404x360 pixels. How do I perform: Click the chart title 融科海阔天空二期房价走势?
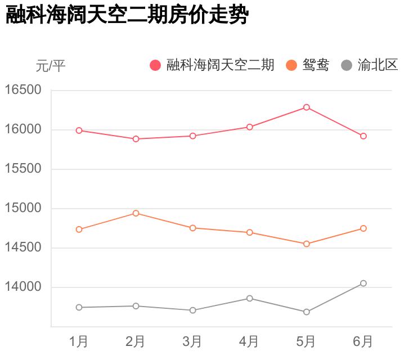tap(127, 15)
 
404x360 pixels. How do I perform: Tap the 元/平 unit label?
tap(51, 66)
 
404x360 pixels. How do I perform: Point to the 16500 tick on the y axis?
tap(24, 90)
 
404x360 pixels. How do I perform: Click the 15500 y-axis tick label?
tap(24, 169)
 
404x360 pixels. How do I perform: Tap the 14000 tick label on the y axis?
tap(24, 287)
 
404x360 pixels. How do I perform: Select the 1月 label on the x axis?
tap(79, 341)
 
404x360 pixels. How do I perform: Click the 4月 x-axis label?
tap(249, 341)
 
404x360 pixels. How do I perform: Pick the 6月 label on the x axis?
tap(363, 341)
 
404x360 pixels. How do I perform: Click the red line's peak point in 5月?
tap(307, 107)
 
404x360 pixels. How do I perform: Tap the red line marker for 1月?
tap(79, 130)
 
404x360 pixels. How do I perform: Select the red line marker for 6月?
tap(363, 136)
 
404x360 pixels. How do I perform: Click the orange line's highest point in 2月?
tap(136, 213)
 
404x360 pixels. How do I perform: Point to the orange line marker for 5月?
tap(307, 244)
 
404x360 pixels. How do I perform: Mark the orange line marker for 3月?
tap(192, 228)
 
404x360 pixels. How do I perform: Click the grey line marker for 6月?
tap(363, 283)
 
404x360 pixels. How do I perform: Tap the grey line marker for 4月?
tap(249, 298)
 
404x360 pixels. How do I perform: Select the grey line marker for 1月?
tap(79, 307)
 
